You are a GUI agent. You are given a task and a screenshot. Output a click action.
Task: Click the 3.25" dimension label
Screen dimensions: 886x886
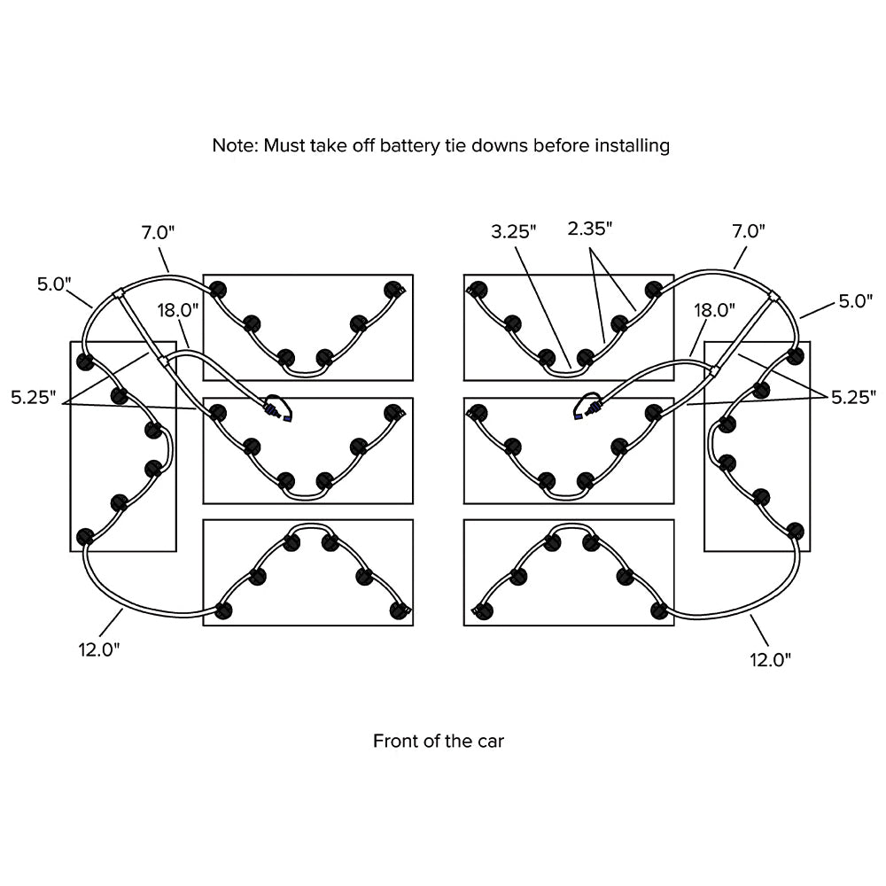tap(514, 232)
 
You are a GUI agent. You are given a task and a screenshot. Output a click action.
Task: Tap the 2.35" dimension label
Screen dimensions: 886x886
tap(589, 229)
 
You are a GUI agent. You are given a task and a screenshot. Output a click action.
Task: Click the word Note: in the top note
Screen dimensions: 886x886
tap(235, 145)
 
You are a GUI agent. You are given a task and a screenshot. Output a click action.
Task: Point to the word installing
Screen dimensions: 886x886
tap(632, 145)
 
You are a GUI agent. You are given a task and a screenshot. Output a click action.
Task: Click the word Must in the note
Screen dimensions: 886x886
tap(283, 145)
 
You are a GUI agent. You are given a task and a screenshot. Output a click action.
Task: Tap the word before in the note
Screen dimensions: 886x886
tap(560, 145)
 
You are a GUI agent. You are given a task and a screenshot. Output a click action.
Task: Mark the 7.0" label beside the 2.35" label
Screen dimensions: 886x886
tap(748, 232)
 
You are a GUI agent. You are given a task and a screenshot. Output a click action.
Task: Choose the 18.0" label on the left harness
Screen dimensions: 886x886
tap(178, 310)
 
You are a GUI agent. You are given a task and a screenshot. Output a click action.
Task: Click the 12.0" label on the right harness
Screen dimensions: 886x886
tap(769, 659)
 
